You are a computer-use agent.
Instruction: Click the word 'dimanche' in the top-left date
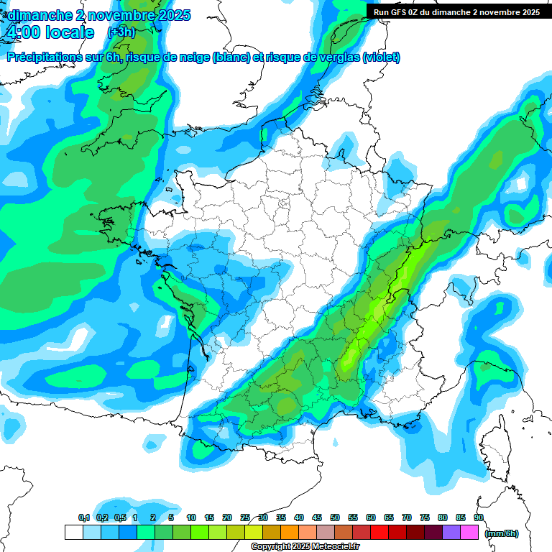click(x=39, y=15)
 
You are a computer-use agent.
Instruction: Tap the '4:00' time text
click(x=24, y=32)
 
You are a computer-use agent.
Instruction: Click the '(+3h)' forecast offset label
click(x=121, y=32)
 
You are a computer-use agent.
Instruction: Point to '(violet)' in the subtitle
click(x=381, y=57)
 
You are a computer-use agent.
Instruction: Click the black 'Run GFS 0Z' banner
click(x=456, y=11)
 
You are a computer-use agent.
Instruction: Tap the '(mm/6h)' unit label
click(x=501, y=533)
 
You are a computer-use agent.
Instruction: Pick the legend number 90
click(x=478, y=517)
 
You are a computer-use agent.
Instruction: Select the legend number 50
click(x=335, y=517)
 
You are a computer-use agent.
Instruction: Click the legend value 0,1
click(x=83, y=517)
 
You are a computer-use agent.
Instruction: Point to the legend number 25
click(x=245, y=517)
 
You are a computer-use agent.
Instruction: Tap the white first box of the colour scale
click(x=73, y=532)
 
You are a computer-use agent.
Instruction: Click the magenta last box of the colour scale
click(x=469, y=532)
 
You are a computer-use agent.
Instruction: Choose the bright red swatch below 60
click(x=379, y=532)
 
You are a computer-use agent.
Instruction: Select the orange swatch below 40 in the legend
click(x=290, y=532)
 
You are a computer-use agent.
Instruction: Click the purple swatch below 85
click(x=451, y=532)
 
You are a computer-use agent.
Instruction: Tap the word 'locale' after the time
click(x=69, y=32)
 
